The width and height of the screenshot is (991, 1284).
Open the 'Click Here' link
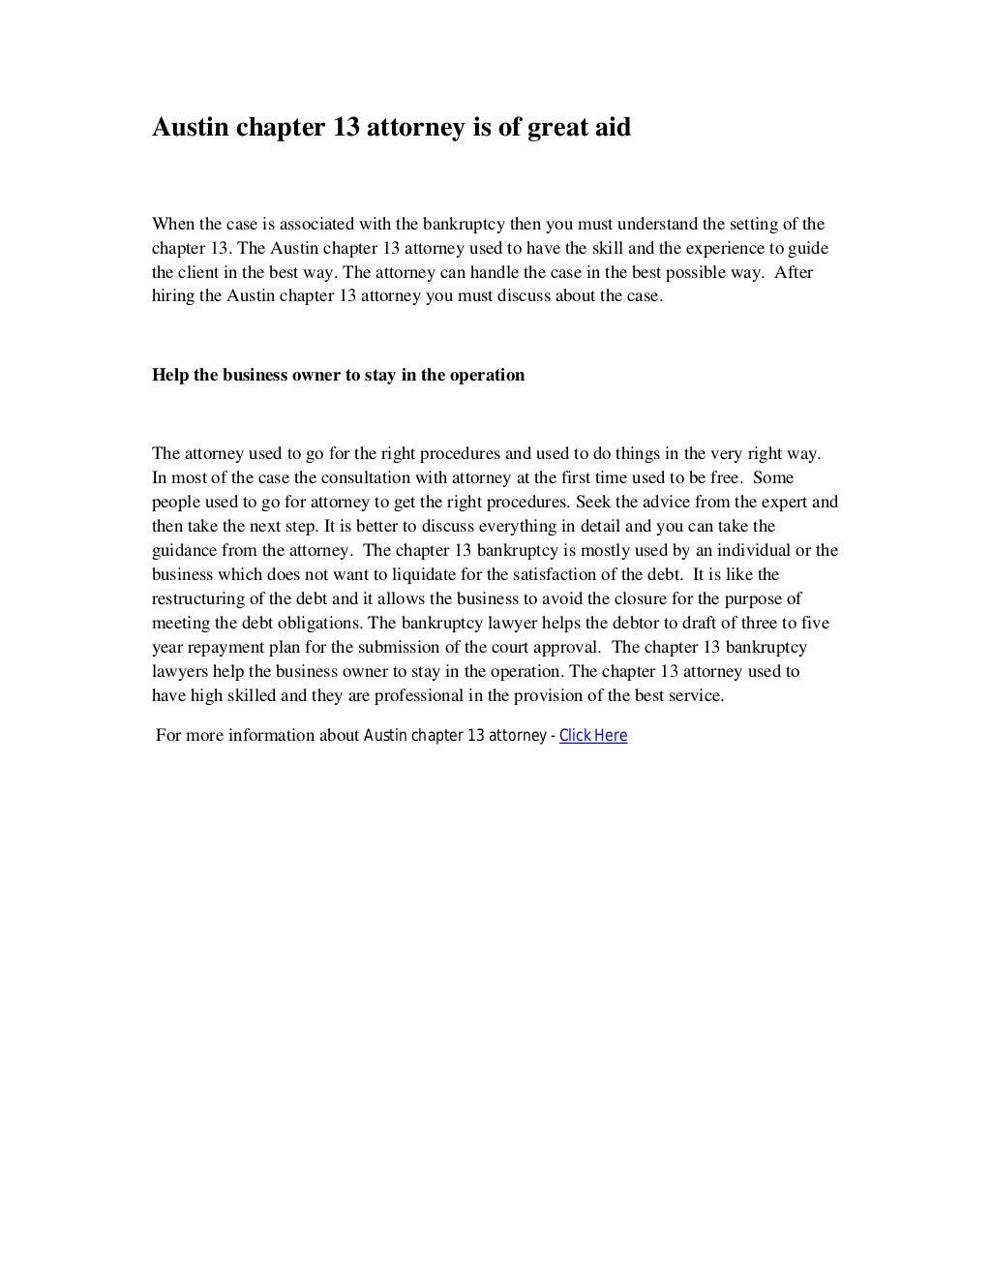coord(593,735)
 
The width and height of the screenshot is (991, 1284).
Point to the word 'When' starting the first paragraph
coord(173,224)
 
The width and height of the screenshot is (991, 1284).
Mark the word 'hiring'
coord(173,296)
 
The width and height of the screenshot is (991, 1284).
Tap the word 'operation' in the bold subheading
coord(488,375)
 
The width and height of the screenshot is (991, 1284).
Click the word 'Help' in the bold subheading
coord(170,375)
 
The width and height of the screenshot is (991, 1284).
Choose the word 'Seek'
coord(593,502)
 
